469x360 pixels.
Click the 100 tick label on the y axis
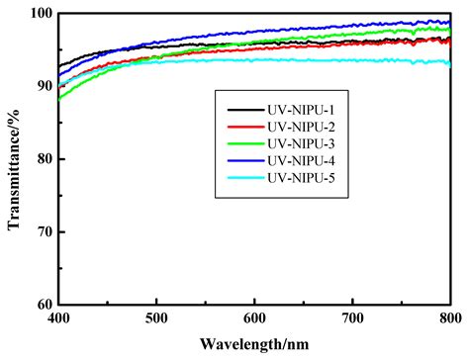(x=41, y=14)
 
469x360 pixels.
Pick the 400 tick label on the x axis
(x=60, y=319)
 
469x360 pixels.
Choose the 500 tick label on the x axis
(x=157, y=319)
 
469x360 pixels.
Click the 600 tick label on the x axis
(x=255, y=319)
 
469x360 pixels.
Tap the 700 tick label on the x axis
(x=352, y=319)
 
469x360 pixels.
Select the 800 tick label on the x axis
(x=449, y=319)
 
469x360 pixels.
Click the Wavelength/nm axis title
(x=255, y=345)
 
